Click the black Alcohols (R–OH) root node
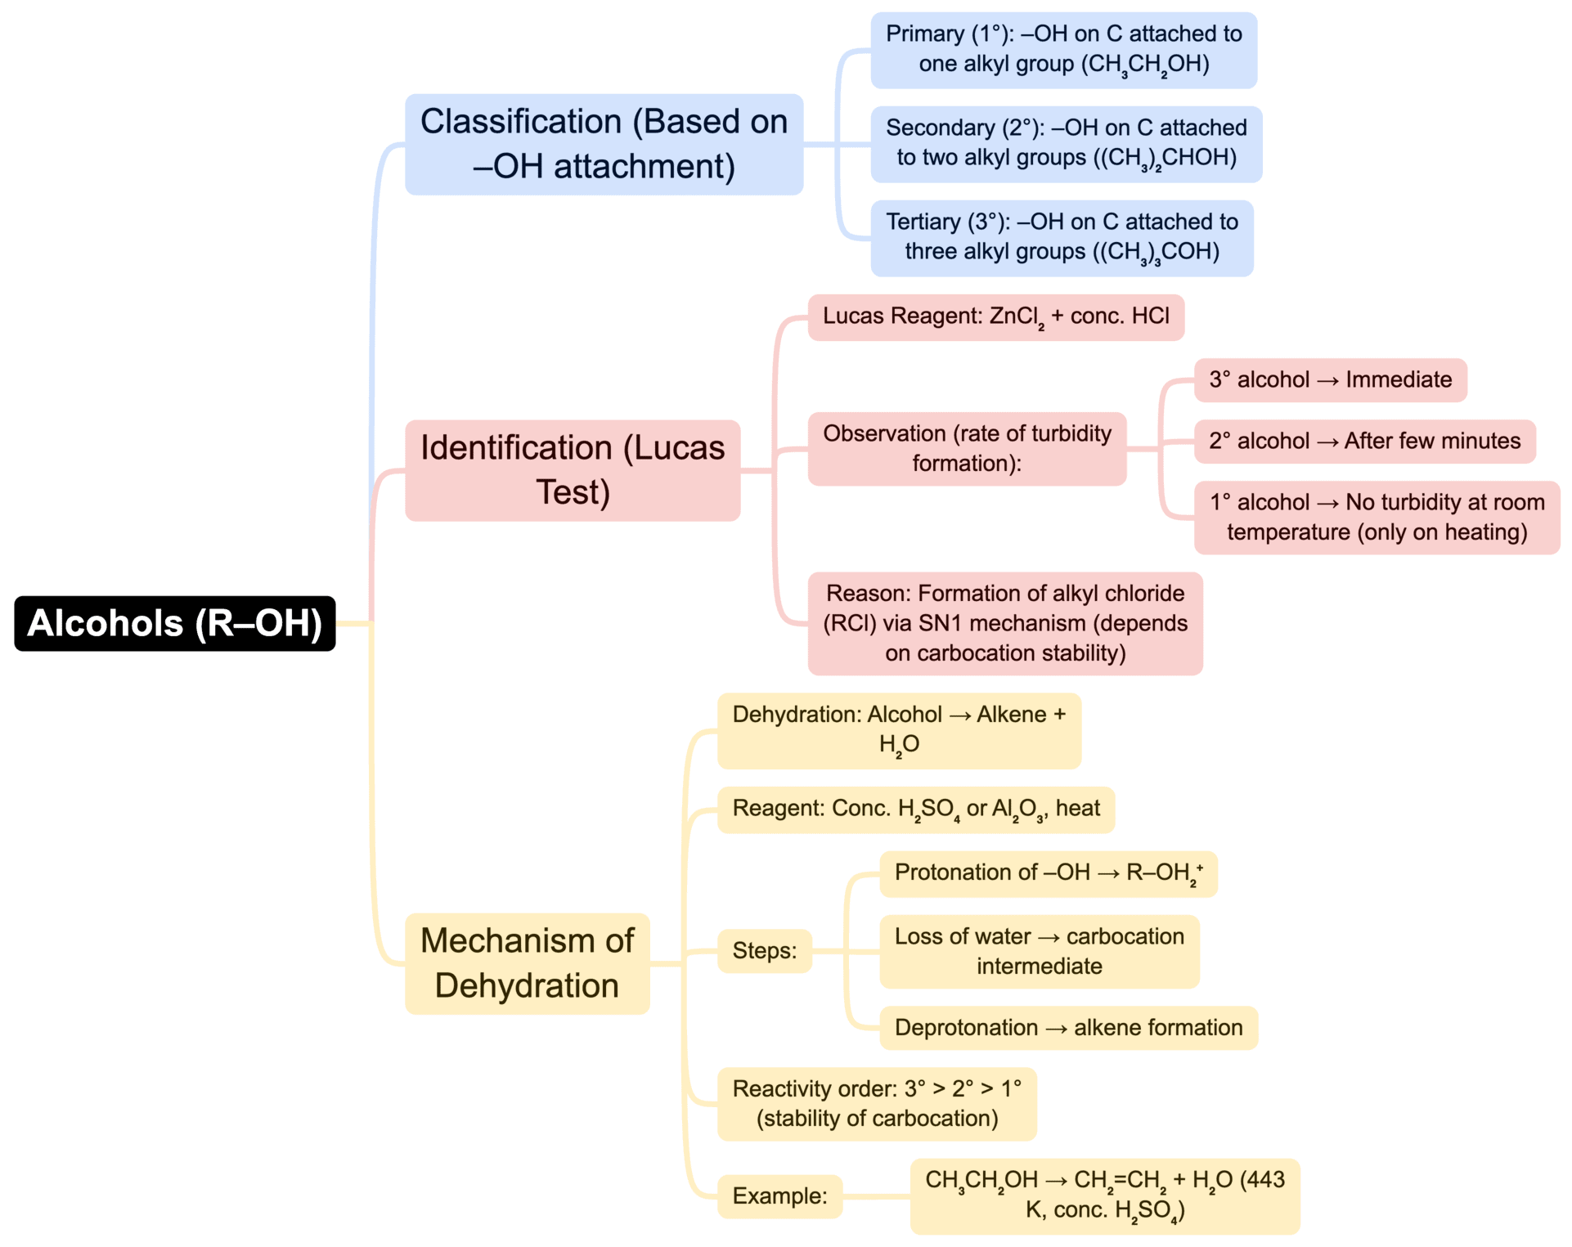click(x=174, y=623)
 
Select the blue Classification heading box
click(x=604, y=144)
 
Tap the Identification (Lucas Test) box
click(x=573, y=470)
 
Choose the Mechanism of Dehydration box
click(x=527, y=963)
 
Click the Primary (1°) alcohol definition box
click(x=1063, y=50)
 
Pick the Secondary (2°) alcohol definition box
click(x=1066, y=144)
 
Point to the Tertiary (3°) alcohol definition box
click(x=1062, y=238)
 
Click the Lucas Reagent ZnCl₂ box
click(x=995, y=317)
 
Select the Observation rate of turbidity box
click(x=967, y=449)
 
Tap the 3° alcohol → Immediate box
click(x=1330, y=380)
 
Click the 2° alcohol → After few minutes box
click(x=1364, y=442)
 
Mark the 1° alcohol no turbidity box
click(x=1377, y=518)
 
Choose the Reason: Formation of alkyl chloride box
click(x=1004, y=623)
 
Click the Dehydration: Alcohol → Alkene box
click(x=898, y=730)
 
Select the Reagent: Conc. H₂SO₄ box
click(x=915, y=810)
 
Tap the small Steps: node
click(x=764, y=951)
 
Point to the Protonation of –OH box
click(x=1048, y=874)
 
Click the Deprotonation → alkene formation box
click(x=1067, y=1028)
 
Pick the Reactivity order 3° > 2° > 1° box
click(x=876, y=1104)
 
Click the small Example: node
click(x=779, y=1196)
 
